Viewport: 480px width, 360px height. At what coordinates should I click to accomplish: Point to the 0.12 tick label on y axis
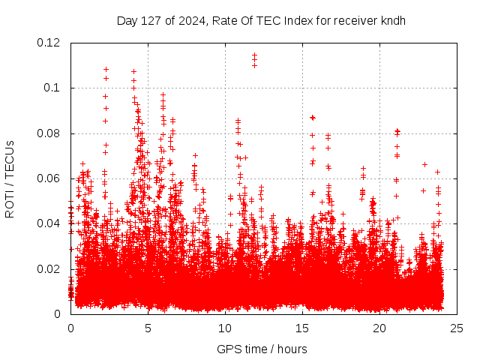coord(49,43)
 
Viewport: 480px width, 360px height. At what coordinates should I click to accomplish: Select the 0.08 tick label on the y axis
coord(49,133)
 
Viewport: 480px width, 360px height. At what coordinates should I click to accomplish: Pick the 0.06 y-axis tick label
coord(49,178)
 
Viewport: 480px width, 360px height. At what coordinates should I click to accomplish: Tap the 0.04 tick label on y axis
coord(49,223)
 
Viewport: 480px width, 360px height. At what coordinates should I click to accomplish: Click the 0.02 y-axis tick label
coord(49,268)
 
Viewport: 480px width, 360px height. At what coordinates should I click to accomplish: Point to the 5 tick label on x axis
coord(148,328)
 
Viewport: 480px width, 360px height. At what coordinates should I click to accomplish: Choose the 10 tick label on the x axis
coord(225,328)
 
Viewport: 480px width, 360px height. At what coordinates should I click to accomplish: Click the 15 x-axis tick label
coord(302,328)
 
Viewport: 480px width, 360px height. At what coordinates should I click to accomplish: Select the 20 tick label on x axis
coord(379,328)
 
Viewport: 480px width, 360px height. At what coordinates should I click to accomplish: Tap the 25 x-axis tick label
coord(457,328)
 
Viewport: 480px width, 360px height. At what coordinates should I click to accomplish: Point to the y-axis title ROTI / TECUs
coord(10,178)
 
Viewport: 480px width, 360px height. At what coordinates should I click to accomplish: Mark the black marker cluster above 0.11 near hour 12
coord(254,59)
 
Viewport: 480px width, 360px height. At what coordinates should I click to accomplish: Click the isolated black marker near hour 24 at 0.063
coord(437,172)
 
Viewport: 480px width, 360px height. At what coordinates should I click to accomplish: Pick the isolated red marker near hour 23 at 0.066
coord(424,164)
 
